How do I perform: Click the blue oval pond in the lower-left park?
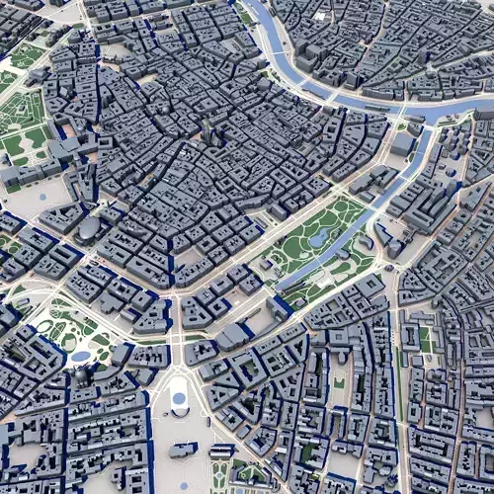click(x=80, y=356)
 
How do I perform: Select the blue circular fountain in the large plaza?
click(x=179, y=399)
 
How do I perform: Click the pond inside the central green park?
click(x=318, y=238)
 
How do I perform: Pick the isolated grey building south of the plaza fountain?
click(x=183, y=450)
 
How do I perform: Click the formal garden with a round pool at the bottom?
click(x=222, y=474)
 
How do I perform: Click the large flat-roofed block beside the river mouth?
click(x=402, y=143)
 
